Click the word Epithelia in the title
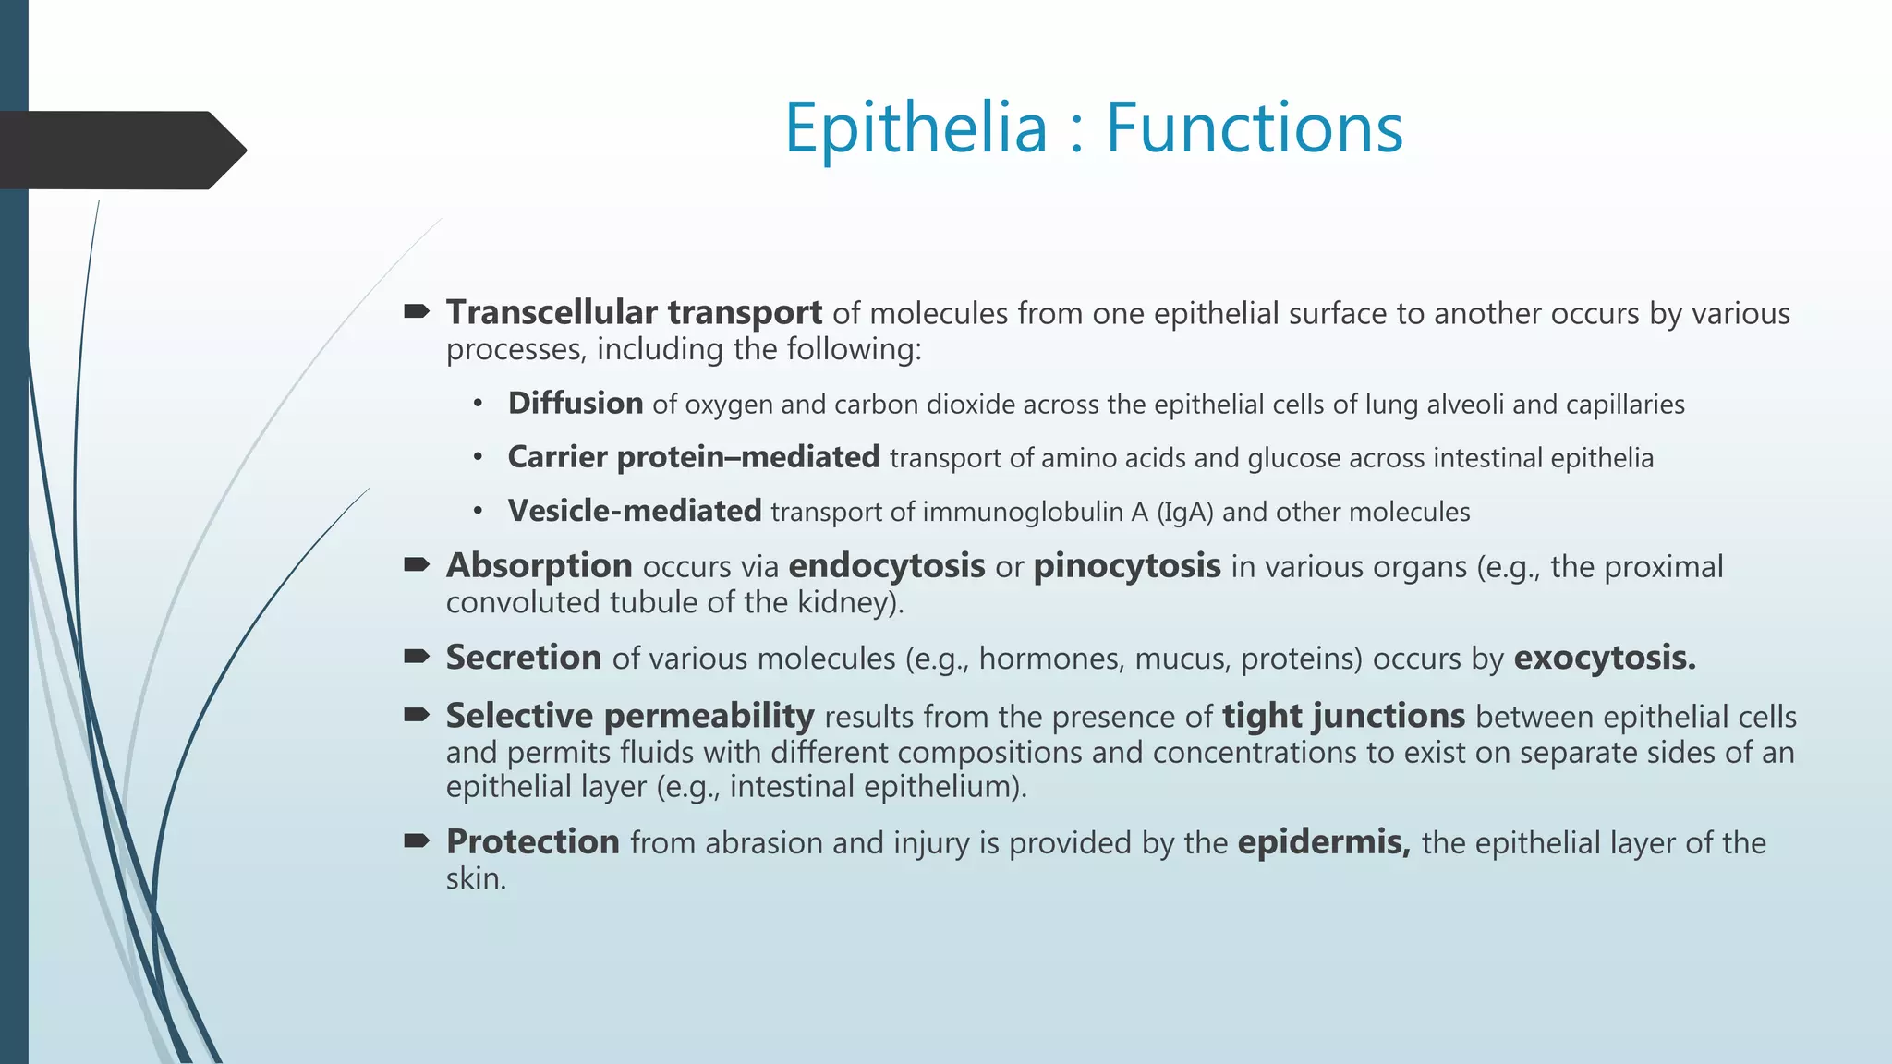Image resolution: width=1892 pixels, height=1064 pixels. click(x=916, y=127)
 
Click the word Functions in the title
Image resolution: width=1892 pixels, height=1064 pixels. click(x=1255, y=127)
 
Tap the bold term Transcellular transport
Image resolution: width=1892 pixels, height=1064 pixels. click(x=634, y=313)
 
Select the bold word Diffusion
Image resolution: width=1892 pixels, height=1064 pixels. click(x=576, y=404)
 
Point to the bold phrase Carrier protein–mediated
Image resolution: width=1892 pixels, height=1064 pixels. click(x=693, y=457)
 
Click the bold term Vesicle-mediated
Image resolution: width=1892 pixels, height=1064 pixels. click(x=634, y=511)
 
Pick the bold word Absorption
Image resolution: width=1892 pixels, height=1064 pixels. click(x=539, y=566)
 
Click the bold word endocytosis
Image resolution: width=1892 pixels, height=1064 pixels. click(x=886, y=566)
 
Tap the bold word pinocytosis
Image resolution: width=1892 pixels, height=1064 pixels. click(x=1126, y=566)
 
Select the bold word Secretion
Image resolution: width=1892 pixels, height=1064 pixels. click(x=523, y=658)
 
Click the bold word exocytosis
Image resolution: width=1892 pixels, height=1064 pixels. click(x=1604, y=658)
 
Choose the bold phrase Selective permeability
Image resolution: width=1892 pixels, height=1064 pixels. click(x=629, y=717)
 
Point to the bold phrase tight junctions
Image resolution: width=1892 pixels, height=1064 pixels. click(x=1343, y=717)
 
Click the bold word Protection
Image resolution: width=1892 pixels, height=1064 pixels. click(x=532, y=842)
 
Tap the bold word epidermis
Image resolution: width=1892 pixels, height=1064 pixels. click(x=1323, y=842)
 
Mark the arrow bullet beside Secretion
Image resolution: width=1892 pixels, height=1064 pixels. click(x=417, y=657)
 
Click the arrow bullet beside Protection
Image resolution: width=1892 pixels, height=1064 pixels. click(x=417, y=840)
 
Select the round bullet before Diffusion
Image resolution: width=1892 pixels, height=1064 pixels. click(x=478, y=405)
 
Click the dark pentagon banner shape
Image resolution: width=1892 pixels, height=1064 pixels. click(x=120, y=150)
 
